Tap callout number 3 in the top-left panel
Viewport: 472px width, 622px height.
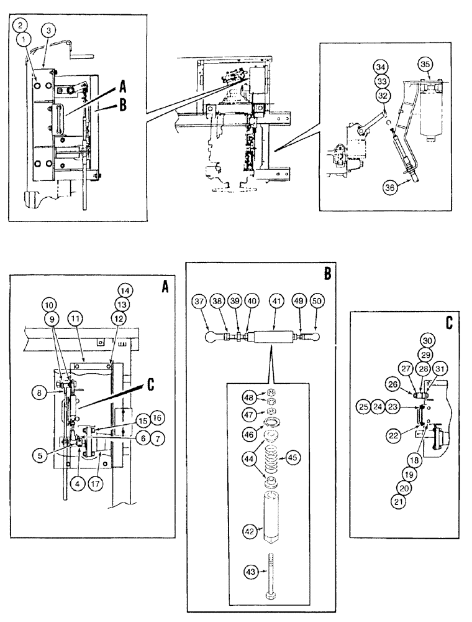pyautogui.click(x=48, y=29)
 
